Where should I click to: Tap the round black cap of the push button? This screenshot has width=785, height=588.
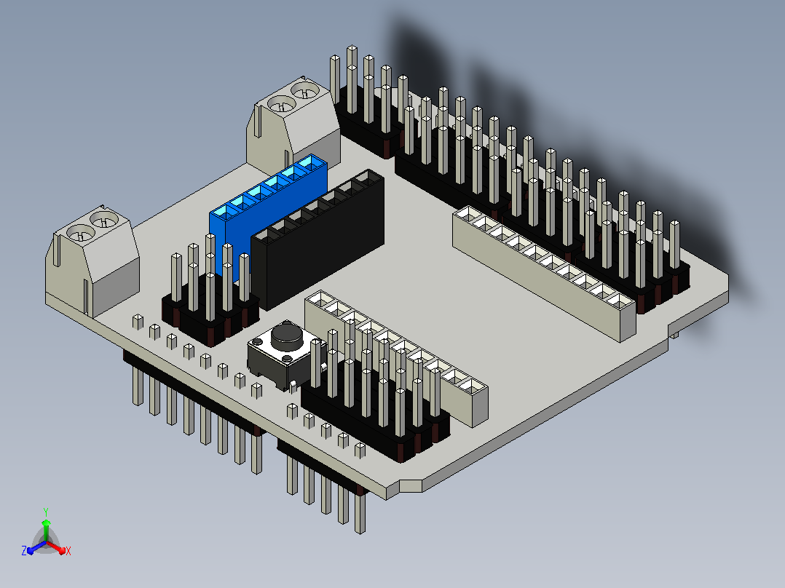pyautogui.click(x=287, y=336)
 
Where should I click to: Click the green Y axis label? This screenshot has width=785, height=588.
pyautogui.click(x=46, y=512)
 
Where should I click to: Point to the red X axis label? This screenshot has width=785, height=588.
pyautogui.click(x=68, y=551)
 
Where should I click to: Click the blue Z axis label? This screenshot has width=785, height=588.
pyautogui.click(x=24, y=550)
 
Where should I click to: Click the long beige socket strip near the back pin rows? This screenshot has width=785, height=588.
pyautogui.click(x=544, y=273)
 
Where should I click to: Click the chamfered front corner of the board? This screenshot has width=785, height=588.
pyautogui.click(x=411, y=485)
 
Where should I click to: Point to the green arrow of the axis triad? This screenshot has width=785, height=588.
pyautogui.click(x=46, y=531)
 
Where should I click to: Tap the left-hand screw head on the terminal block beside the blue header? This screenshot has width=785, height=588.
pyautogui.click(x=281, y=105)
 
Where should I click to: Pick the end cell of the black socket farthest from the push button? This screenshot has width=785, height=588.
pyautogui.click(x=368, y=178)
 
